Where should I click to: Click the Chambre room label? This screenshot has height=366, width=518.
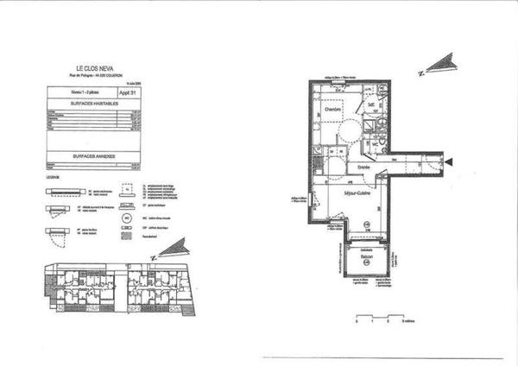click(x=332, y=110)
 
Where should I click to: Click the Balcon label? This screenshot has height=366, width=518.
click(x=366, y=254)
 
